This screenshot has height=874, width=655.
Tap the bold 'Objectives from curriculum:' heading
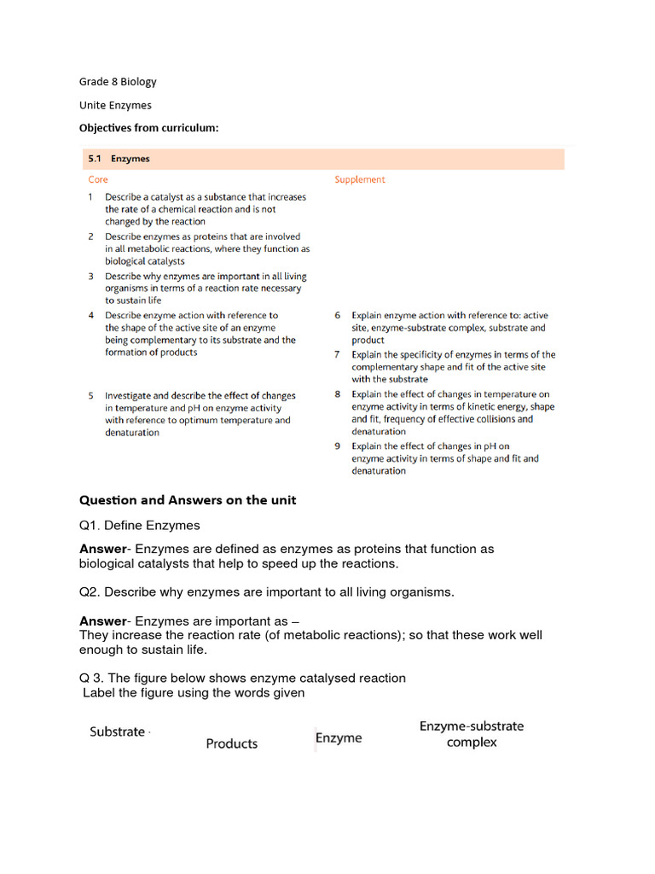click(x=149, y=128)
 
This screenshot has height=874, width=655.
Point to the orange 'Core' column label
click(x=98, y=180)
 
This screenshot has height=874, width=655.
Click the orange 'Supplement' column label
click(x=359, y=180)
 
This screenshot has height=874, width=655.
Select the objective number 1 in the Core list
click(x=90, y=196)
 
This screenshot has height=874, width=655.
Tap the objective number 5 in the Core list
click(x=90, y=396)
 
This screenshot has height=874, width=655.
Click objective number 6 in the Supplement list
click(x=338, y=316)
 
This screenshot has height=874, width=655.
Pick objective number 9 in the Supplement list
click(x=338, y=446)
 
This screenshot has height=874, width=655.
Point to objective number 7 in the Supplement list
click(x=338, y=355)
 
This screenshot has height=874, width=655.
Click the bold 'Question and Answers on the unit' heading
click(x=188, y=500)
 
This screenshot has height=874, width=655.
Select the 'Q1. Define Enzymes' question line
click(x=140, y=525)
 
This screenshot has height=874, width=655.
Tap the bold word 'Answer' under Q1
click(x=102, y=550)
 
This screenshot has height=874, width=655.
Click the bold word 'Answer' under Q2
click(x=102, y=621)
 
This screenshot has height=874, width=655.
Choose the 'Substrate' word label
click(x=118, y=732)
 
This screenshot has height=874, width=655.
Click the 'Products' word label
click(x=231, y=744)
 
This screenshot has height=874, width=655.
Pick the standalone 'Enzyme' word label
click(x=339, y=738)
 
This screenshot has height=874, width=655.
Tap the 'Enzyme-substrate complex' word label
click(x=472, y=734)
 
